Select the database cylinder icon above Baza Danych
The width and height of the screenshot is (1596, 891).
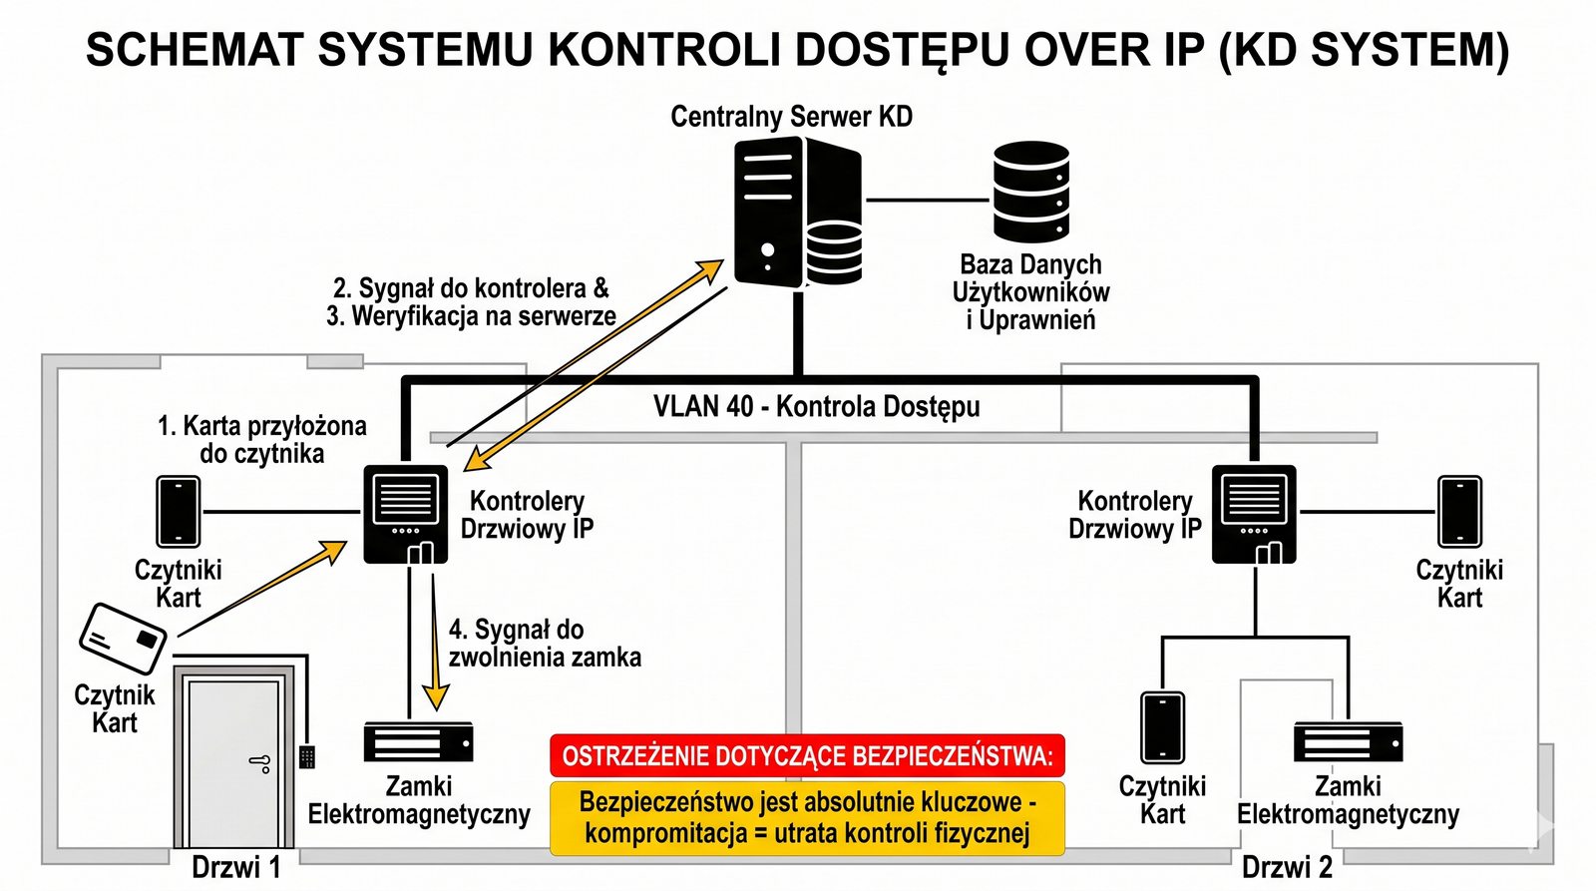[x=1030, y=192]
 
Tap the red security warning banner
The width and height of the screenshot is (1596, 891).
[x=807, y=755]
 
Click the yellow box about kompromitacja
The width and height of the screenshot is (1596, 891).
[x=807, y=818]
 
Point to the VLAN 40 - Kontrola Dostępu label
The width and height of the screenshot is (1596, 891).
[x=816, y=407]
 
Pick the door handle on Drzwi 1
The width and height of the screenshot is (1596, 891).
[x=261, y=764]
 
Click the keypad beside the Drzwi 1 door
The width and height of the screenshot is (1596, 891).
[x=307, y=756]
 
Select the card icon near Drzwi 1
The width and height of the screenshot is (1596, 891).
[x=123, y=638]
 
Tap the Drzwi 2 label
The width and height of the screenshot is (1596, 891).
[x=1287, y=867]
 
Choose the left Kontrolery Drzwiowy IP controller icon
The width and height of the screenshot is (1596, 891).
[x=405, y=514]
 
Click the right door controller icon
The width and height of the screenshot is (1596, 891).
[x=1254, y=514]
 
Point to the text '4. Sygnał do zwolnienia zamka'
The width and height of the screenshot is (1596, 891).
[x=544, y=644]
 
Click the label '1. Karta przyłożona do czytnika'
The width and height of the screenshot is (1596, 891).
[x=261, y=440]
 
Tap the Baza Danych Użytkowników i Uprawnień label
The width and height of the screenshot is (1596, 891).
[x=1030, y=292]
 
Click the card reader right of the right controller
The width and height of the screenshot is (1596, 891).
[x=1458, y=512]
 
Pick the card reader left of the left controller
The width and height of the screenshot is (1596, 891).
[x=179, y=512]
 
